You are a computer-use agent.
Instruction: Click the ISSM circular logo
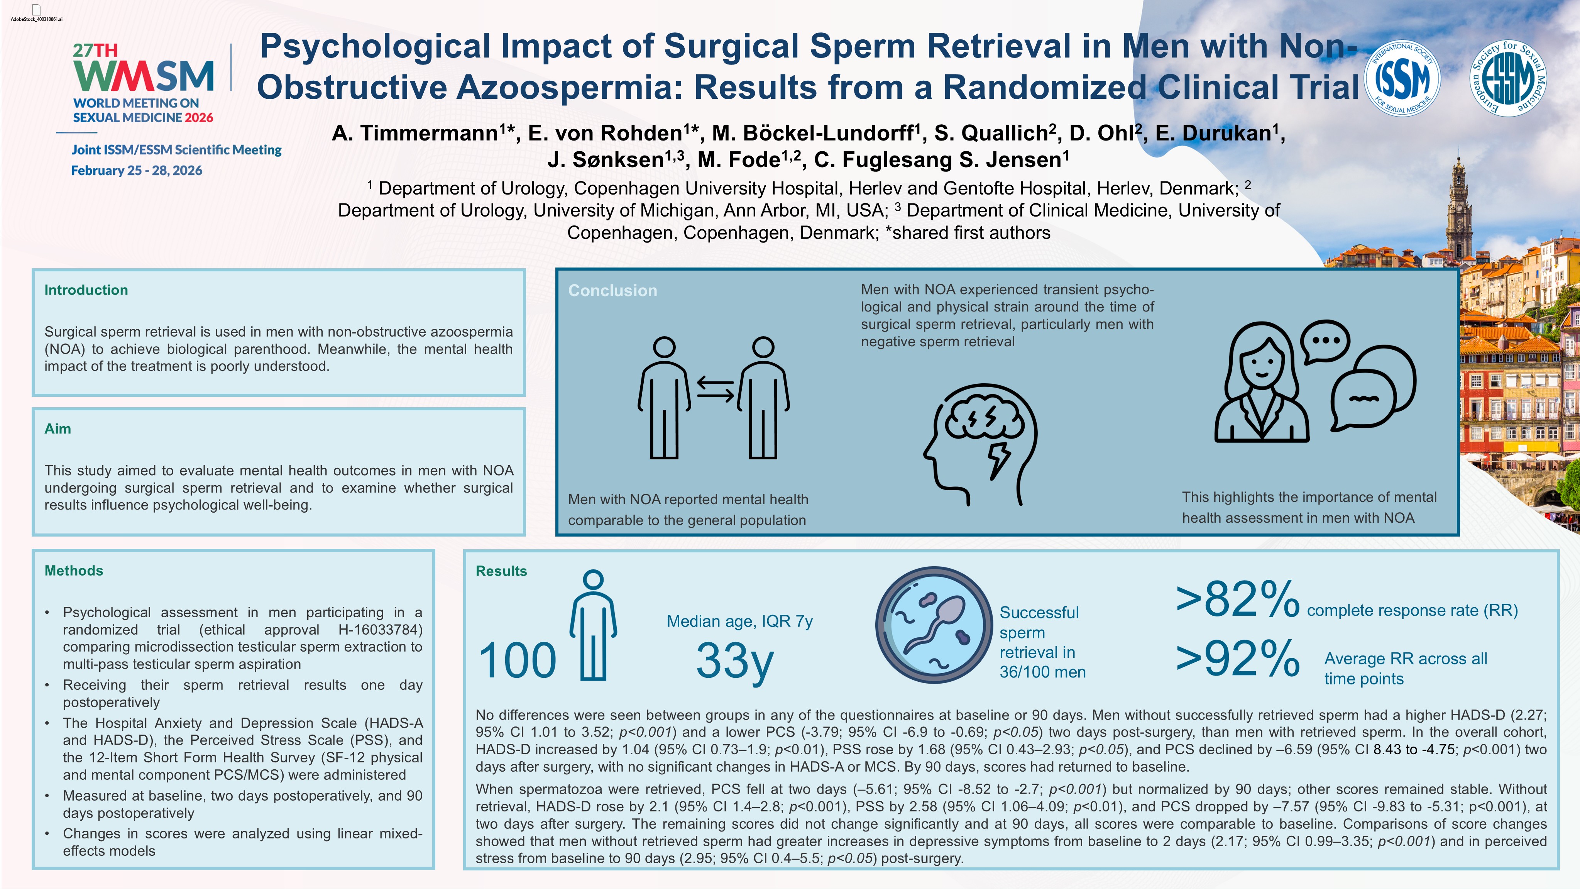[x=1402, y=78]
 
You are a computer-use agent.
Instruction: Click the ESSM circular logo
[x=1508, y=78]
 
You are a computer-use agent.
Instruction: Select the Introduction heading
[x=86, y=290]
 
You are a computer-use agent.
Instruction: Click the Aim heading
[x=58, y=429]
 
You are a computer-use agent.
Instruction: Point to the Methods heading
[x=74, y=571]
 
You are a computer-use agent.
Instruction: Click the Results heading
[x=501, y=571]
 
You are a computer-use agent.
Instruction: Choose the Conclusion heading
[x=612, y=291]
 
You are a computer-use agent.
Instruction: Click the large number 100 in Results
[x=517, y=661]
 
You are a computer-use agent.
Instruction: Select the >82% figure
[x=1237, y=600]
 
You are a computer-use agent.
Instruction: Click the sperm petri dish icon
[x=934, y=625]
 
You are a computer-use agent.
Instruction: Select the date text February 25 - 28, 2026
[x=136, y=171]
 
